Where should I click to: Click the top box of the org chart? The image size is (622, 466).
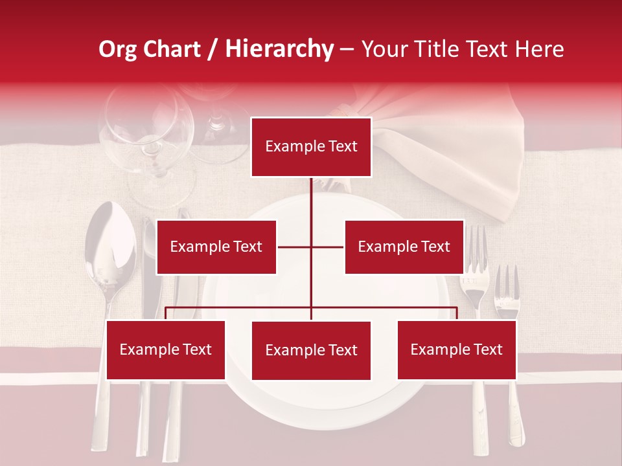pyautogui.click(x=311, y=147)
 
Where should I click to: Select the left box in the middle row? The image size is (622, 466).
pyautogui.click(x=216, y=247)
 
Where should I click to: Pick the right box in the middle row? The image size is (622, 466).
pyautogui.click(x=404, y=247)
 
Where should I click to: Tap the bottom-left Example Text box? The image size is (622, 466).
pyautogui.click(x=166, y=349)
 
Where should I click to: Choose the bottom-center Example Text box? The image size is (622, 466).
pyautogui.click(x=311, y=350)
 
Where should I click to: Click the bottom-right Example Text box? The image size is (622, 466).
pyautogui.click(x=457, y=349)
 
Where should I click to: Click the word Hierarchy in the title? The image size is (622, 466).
pyautogui.click(x=279, y=49)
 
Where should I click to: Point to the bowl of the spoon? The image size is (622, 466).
pyautogui.click(x=109, y=246)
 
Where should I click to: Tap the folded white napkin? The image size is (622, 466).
pyautogui.click(x=454, y=162)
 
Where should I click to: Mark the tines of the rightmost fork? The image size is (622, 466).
pyautogui.click(x=507, y=285)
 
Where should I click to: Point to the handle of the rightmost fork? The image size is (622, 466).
pyautogui.click(x=516, y=414)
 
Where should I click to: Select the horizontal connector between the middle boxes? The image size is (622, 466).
pyautogui.click(x=310, y=247)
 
